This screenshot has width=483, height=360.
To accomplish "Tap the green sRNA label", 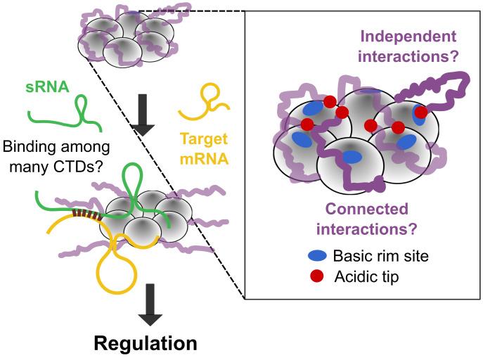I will pos(44,89).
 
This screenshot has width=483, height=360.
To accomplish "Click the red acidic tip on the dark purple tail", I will pos(421,112).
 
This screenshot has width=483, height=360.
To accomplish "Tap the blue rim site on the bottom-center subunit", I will pos(351,157).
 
